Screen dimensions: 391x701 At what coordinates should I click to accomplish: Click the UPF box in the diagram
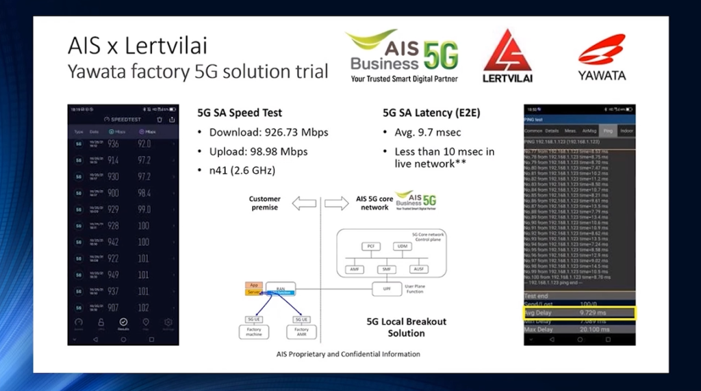click(x=386, y=290)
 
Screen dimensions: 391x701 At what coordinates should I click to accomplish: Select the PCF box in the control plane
click(x=370, y=246)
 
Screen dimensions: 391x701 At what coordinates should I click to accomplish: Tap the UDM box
click(x=402, y=246)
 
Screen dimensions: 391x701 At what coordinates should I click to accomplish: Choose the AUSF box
click(x=420, y=270)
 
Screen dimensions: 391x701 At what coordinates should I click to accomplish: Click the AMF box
click(x=355, y=270)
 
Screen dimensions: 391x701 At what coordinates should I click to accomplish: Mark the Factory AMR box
click(x=301, y=332)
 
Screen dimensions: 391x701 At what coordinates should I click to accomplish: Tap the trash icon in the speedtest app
click(x=159, y=119)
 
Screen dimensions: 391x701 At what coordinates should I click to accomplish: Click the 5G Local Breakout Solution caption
click(x=406, y=327)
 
